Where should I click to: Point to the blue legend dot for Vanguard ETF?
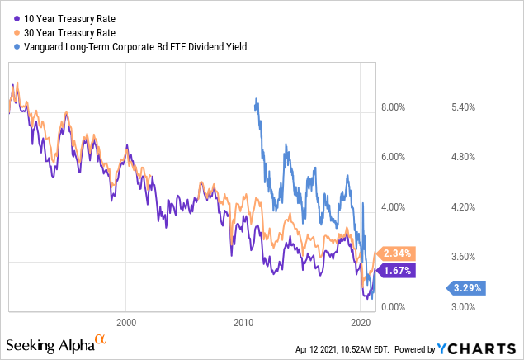[x=17, y=47]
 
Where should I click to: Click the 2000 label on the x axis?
[x=126, y=321]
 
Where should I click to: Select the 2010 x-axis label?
[x=243, y=321]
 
